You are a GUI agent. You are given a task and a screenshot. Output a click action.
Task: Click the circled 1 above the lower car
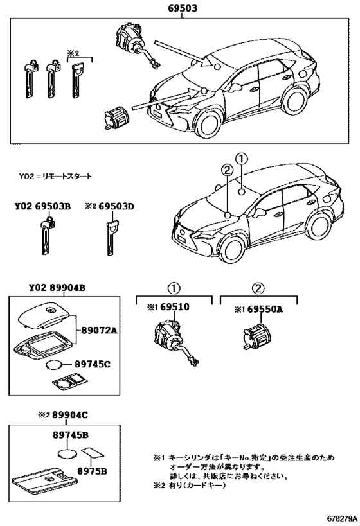[x=240, y=159]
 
